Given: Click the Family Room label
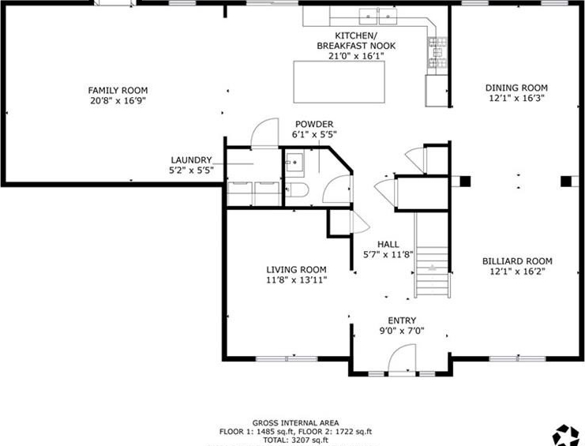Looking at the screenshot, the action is tap(118, 90).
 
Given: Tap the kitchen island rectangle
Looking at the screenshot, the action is tap(339, 82).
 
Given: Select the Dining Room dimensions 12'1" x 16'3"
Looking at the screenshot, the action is tap(517, 99).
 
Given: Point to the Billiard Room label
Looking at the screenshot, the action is tap(517, 261).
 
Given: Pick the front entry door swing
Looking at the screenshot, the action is tap(402, 358).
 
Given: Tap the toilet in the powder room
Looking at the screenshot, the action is tap(298, 190).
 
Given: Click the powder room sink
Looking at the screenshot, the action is tap(294, 163).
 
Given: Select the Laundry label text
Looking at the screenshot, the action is tap(191, 160).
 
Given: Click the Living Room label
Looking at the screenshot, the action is tap(297, 270).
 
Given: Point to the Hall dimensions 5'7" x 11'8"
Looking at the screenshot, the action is tap(388, 255).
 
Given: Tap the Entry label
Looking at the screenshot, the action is tap(402, 320).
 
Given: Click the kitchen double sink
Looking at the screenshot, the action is tap(378, 17).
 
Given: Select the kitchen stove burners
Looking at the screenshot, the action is tap(437, 52).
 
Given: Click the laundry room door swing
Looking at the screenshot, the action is tap(265, 133).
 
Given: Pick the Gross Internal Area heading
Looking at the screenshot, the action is tap(296, 423).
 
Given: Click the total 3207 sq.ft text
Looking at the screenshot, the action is tap(296, 440).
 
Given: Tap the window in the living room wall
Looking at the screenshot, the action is tap(287, 359).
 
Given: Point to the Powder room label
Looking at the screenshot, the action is tap(314, 124).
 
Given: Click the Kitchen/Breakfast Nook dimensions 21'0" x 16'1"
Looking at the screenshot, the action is tap(356, 56).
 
